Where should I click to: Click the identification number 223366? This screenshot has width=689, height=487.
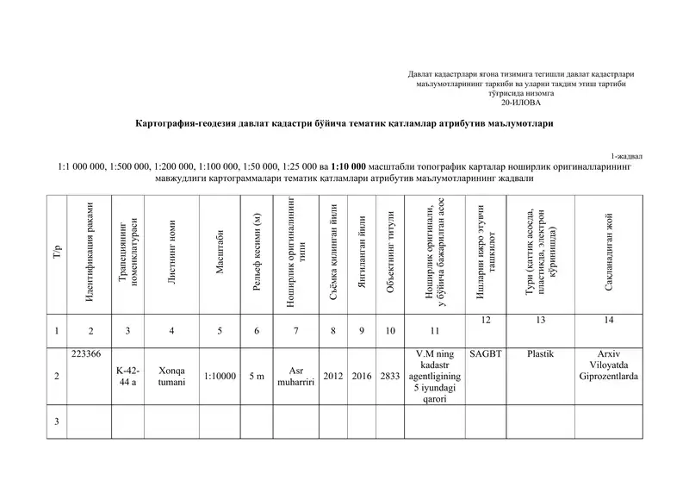point(86,353)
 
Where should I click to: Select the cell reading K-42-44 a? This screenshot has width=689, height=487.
point(128,376)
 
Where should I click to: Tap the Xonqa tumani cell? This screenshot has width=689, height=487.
point(172,376)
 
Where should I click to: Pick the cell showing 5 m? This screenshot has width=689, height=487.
point(256,376)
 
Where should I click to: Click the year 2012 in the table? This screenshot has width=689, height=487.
point(332,376)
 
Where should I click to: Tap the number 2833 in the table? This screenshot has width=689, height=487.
point(390,376)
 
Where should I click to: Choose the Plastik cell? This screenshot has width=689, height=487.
point(539,353)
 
